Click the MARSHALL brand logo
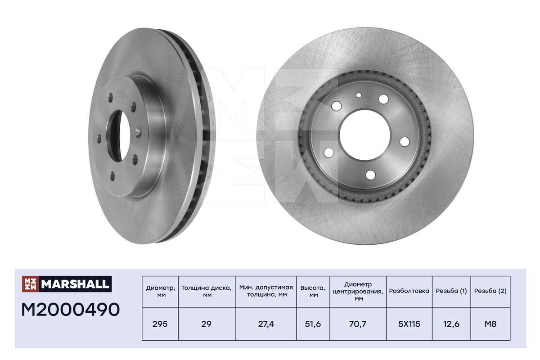pos(67,284)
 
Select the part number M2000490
pos(70,310)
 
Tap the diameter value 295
pos(160,324)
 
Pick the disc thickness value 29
pos(207,324)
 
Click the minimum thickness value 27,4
pos(266,324)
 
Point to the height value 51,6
pos(313,324)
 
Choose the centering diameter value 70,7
pos(357,324)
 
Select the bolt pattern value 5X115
pos(409,324)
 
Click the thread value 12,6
pos(451,324)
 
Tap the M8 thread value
pos(490,324)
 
